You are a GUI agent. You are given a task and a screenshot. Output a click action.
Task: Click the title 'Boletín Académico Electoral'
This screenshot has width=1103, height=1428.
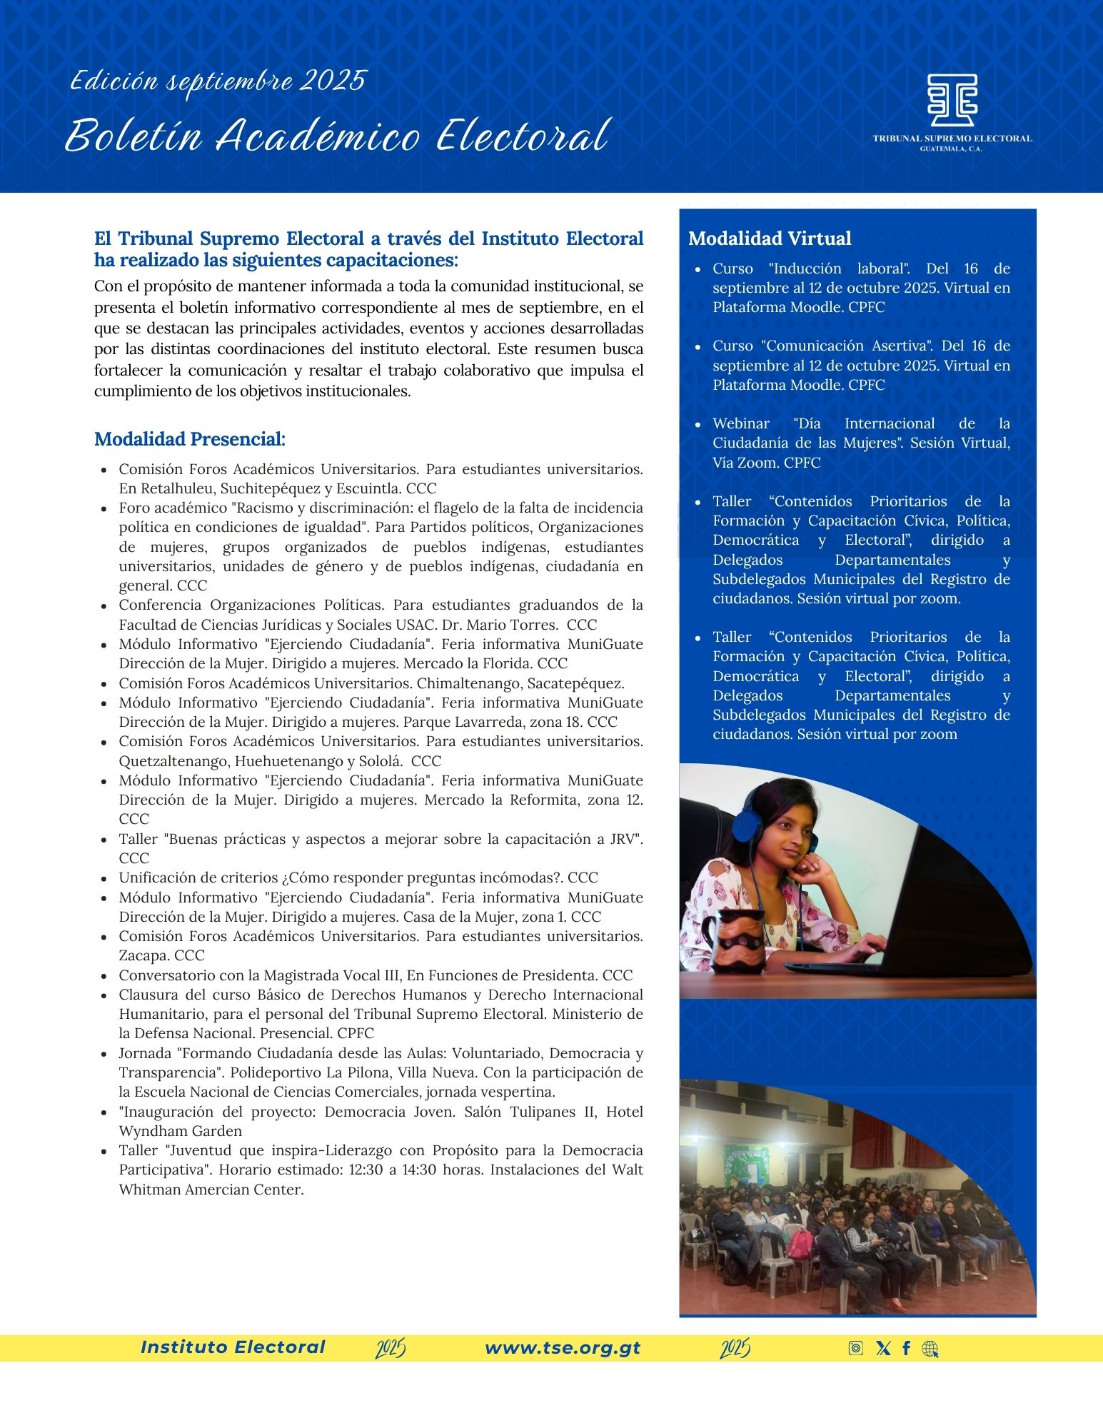336,136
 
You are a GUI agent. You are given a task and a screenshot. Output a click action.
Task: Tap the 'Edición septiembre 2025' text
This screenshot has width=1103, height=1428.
218,81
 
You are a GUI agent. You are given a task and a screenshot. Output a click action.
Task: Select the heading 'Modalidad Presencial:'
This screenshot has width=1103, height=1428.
190,439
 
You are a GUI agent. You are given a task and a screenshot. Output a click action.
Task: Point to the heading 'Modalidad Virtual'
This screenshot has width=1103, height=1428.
770,238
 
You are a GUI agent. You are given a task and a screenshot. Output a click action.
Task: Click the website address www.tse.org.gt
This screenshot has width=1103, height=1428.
563,1348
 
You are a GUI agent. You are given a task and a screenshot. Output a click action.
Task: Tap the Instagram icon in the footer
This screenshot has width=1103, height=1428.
855,1348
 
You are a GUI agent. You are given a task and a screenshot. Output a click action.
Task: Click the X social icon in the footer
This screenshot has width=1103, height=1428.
883,1348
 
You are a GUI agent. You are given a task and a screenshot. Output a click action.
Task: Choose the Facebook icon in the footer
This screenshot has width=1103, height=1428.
906,1348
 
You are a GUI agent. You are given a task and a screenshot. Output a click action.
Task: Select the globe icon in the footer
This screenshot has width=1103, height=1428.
930,1348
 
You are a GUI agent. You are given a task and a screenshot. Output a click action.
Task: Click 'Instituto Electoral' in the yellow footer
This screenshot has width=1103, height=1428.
233,1347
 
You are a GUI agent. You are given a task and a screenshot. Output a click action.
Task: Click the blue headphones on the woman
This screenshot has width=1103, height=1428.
755,826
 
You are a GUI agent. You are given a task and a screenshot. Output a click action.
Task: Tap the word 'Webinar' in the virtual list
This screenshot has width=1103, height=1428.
741,423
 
